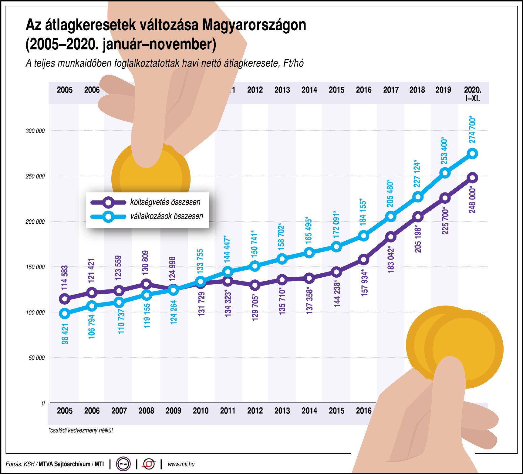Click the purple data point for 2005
pos(65,299)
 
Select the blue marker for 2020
pos(473,154)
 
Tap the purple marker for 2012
pos(255,285)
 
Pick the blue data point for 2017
pos(391,216)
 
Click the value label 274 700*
pos(473,130)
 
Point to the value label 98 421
pos(65,334)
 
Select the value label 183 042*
pos(391,260)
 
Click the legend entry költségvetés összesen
pos(165,202)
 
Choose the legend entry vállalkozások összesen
pos(167,216)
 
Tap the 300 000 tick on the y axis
pos(35,131)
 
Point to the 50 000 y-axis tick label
pos(36,358)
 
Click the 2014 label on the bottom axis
pos(309,411)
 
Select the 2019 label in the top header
pos(443,90)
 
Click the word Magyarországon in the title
pos(254,25)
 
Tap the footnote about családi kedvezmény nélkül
pos(81,430)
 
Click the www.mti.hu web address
pos(181,464)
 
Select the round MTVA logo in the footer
pos(123,464)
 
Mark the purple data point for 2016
pos(364,260)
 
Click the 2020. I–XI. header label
pos(473,94)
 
